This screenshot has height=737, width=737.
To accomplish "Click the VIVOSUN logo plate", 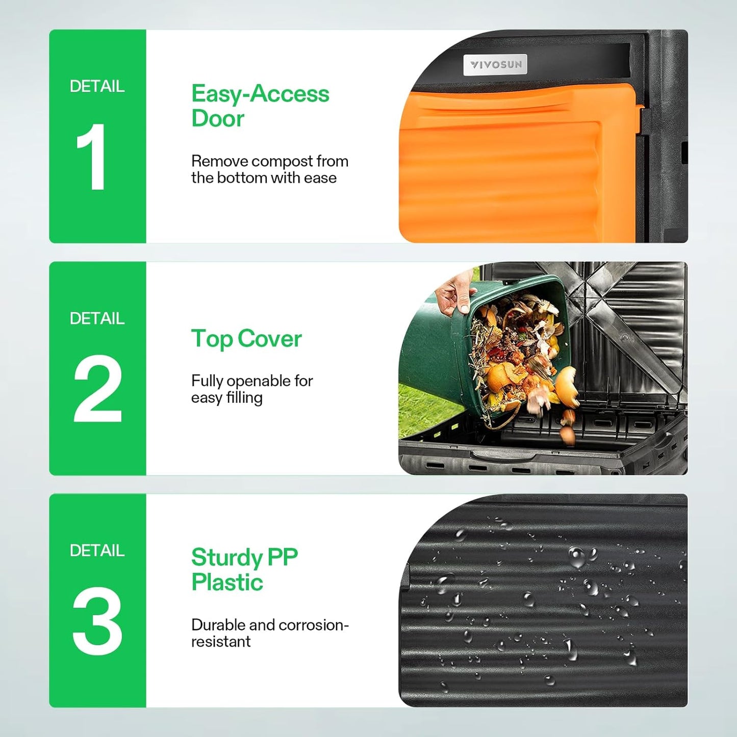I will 495,65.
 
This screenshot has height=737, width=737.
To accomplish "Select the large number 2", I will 97,389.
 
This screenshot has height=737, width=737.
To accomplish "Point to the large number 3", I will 97,621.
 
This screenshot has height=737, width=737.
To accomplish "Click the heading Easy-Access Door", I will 260,106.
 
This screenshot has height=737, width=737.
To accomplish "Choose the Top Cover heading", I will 246,339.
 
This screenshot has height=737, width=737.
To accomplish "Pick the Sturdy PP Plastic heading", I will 244,570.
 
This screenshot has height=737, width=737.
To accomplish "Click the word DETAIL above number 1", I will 97,86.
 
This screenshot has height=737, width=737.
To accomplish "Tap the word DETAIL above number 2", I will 97,318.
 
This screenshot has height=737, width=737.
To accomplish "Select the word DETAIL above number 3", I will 97,550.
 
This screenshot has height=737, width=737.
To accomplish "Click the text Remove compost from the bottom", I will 269,169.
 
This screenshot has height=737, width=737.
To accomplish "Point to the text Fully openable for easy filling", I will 252,389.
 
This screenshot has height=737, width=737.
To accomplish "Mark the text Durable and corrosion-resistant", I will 269,633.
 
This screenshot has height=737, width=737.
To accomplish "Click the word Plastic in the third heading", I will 227,582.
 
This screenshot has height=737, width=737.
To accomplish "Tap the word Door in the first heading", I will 218,118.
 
